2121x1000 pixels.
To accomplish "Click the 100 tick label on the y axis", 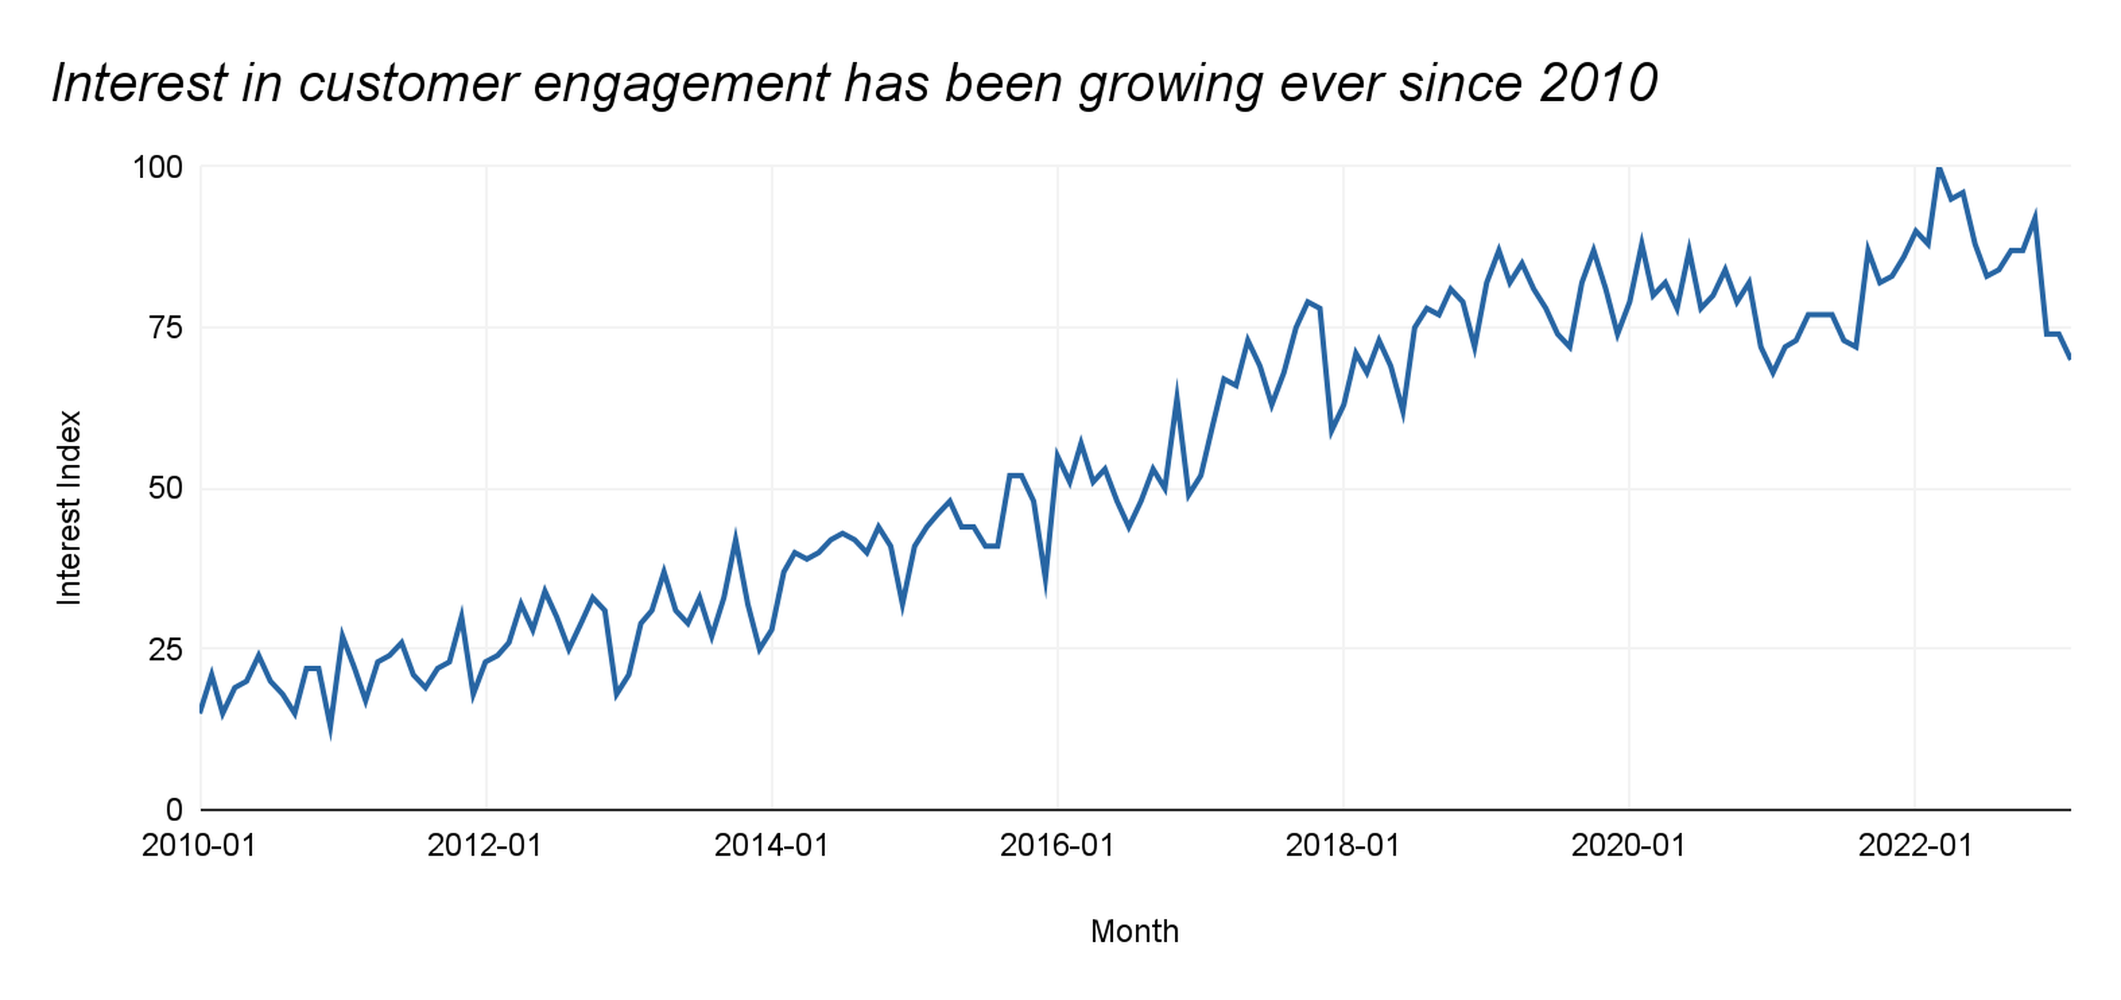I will (158, 167).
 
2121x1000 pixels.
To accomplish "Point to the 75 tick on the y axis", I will (165, 328).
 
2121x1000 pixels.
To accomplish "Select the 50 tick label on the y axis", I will (165, 488).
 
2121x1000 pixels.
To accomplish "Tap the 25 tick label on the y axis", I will (165, 649).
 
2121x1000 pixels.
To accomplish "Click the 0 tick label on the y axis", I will (174, 810).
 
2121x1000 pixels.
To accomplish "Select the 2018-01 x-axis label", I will (1342, 845).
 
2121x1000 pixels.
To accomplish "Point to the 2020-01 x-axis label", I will (1628, 845).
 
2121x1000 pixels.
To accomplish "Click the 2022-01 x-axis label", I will (1914, 845).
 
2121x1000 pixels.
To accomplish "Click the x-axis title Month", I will (1134, 932).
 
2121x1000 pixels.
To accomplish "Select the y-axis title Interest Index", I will (69, 508).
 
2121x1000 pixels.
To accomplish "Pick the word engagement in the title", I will (682, 85).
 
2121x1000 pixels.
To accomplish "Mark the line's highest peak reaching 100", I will (1938, 168).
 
